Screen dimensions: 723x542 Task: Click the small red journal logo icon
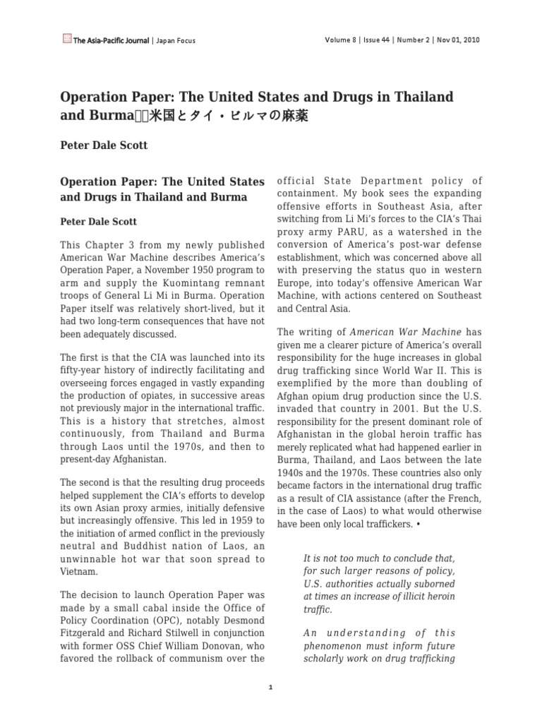tap(66, 40)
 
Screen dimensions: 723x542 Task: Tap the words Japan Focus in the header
tap(175, 40)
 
